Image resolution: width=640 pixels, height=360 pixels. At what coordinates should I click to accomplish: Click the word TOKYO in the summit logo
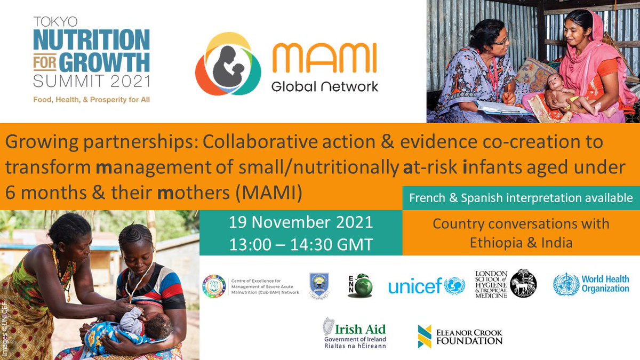point(55,22)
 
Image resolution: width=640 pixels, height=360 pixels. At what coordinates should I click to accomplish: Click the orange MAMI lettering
point(324,59)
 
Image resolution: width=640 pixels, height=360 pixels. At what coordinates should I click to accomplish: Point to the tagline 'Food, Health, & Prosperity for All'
point(91,100)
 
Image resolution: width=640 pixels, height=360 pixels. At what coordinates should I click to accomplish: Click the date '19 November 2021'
point(301,221)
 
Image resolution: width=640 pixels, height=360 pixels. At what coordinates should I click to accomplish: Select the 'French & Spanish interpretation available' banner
point(521,198)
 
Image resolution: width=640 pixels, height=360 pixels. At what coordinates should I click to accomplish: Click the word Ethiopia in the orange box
point(495,243)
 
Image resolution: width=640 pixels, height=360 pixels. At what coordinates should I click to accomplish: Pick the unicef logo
point(426,286)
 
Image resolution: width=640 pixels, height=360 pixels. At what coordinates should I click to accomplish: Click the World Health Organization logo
point(591,284)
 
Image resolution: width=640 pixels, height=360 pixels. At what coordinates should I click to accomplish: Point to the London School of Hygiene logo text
point(491,284)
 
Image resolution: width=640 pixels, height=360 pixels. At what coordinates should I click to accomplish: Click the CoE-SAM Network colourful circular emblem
point(214,286)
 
